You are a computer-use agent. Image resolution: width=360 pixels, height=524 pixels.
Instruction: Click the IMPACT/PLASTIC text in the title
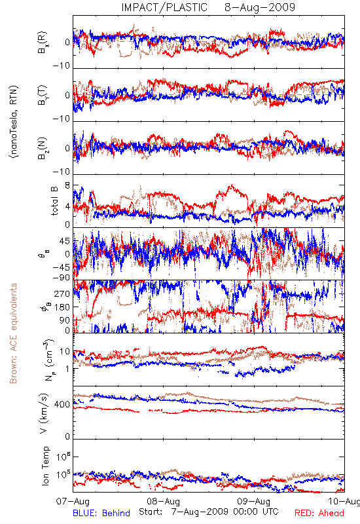coord(164,7)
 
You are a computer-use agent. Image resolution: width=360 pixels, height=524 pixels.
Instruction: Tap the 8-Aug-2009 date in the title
coord(260,7)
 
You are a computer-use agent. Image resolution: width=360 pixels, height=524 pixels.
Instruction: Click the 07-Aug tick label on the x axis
coord(73,501)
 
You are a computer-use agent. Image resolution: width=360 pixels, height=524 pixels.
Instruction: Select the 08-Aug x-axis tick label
coord(164,501)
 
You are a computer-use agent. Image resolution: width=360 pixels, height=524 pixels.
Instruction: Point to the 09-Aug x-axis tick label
coord(254,501)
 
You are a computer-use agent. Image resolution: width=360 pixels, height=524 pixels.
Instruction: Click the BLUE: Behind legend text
coord(101,514)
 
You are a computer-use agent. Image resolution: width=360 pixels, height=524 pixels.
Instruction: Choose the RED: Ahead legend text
coord(319,514)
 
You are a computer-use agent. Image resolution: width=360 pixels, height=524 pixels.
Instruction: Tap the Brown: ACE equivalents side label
coord(13,333)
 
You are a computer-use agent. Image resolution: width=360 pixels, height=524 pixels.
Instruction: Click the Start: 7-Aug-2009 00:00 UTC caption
coord(209,512)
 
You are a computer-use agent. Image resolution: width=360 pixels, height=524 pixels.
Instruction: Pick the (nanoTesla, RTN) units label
coord(14,122)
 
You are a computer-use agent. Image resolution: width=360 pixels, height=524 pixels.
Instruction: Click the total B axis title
coord(54,201)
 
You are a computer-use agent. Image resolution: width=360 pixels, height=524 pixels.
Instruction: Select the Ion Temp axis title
coord(45,466)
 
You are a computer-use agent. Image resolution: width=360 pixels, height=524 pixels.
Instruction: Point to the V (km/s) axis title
coord(44,413)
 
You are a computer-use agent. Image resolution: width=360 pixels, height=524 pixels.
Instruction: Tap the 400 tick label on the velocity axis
coord(62,405)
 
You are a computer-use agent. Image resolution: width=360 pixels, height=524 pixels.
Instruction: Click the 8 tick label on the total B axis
coord(67,185)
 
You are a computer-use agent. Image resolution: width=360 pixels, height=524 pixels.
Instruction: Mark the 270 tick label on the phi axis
coord(62,293)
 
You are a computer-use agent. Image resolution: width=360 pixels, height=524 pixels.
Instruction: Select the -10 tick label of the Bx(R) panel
coord(62,65)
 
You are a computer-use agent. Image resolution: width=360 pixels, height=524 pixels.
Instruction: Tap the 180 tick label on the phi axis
coord(62,307)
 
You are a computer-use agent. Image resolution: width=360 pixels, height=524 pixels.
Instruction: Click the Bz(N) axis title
coord(43,148)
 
